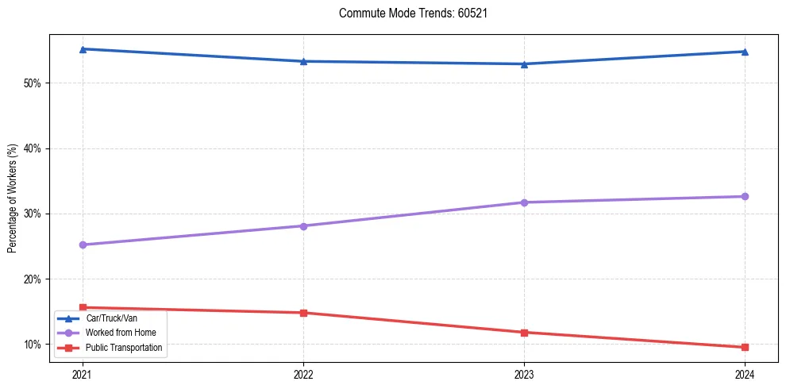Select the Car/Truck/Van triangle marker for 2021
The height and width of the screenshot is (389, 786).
pyautogui.click(x=83, y=49)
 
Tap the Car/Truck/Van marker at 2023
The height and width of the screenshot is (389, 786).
pyautogui.click(x=524, y=64)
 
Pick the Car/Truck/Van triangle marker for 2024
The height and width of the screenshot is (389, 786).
pyautogui.click(x=745, y=52)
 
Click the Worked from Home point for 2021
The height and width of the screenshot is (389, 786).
pyautogui.click(x=83, y=245)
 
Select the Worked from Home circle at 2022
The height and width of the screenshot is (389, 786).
pyautogui.click(x=303, y=226)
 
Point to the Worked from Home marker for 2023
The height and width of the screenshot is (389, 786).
pyautogui.click(x=524, y=202)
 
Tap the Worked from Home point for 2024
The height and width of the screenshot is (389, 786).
pyautogui.click(x=745, y=196)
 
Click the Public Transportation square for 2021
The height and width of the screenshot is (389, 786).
pyautogui.click(x=83, y=307)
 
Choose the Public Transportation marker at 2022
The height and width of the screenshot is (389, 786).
pyautogui.click(x=303, y=313)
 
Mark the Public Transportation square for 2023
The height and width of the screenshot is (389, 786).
pyautogui.click(x=524, y=332)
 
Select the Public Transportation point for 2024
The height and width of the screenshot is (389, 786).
pyautogui.click(x=745, y=347)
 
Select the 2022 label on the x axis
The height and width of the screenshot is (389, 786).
pyautogui.click(x=303, y=374)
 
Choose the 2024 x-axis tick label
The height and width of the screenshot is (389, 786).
pyautogui.click(x=745, y=374)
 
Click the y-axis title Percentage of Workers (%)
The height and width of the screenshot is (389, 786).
pyautogui.click(x=12, y=198)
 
